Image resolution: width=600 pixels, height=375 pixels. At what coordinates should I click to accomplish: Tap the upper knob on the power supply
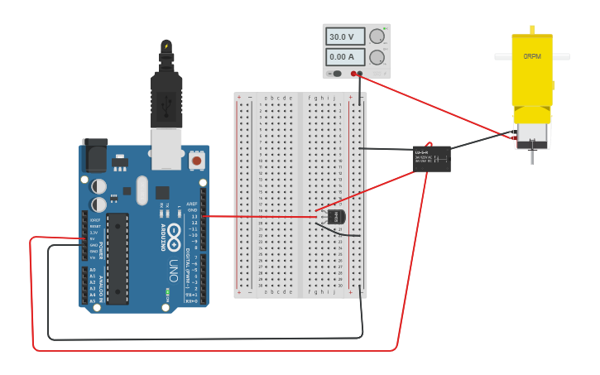377,36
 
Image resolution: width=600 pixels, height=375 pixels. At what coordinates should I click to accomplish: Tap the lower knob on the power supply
377,57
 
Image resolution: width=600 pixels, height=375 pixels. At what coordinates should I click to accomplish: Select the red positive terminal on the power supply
353,74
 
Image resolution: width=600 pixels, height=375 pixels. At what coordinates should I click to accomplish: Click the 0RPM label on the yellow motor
531,57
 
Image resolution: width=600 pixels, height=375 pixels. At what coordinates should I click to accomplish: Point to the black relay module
432,158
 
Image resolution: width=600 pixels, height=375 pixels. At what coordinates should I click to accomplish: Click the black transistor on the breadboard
335,216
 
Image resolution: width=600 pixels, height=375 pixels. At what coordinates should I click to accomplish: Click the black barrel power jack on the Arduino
94,155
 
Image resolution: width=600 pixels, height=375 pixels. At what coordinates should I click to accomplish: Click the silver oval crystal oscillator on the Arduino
142,190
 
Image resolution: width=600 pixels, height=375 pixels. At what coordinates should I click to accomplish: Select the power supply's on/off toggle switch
336,74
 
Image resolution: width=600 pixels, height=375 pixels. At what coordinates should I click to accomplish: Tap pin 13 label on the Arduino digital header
194,216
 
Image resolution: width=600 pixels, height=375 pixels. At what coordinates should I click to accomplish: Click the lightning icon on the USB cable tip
166,46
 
